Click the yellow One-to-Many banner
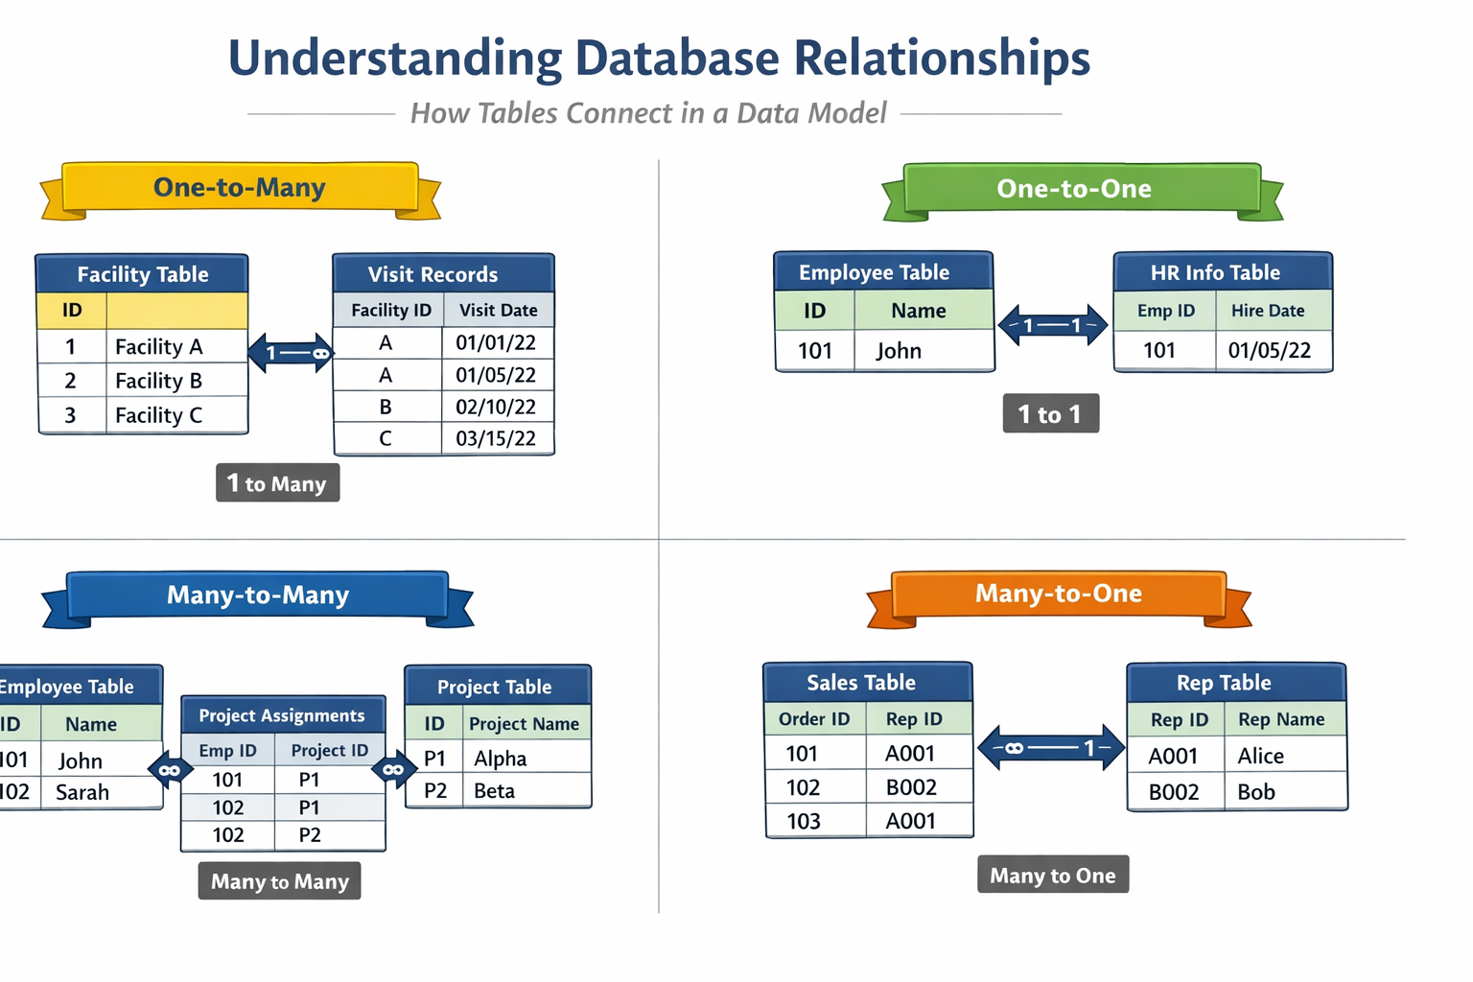tap(240, 188)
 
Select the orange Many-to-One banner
tap(1059, 594)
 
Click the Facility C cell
tap(159, 415)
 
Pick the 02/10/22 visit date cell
tap(496, 407)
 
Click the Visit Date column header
tap(498, 310)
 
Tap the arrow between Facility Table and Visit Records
tap(291, 353)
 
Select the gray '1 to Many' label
tap(277, 483)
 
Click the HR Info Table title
tap(1215, 272)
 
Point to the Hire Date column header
tap(1268, 311)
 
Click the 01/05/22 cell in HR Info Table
tap(1269, 350)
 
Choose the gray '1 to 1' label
tap(1050, 414)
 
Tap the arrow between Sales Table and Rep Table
tap(1050, 748)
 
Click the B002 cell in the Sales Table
tap(911, 787)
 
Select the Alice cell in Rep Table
tap(1261, 756)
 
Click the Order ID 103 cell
tap(804, 821)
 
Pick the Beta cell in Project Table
tap(495, 791)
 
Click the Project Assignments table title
tap(282, 715)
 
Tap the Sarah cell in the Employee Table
tap(82, 792)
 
